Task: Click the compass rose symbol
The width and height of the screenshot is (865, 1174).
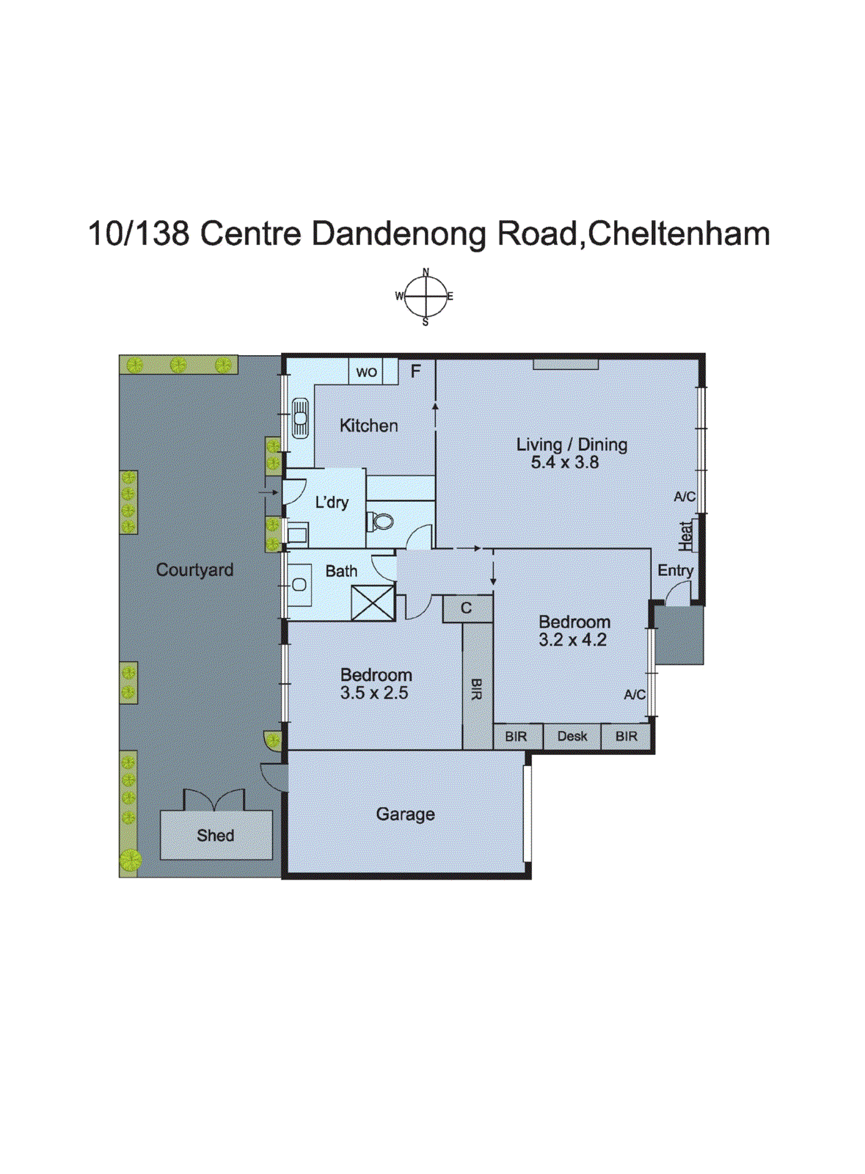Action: pos(426,296)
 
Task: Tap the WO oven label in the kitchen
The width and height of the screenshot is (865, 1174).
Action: pos(366,372)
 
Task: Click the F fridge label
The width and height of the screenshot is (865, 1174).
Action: pos(415,372)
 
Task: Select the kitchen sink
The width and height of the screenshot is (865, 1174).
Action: pos(300,418)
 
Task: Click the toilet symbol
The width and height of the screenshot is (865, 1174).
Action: pos(380,522)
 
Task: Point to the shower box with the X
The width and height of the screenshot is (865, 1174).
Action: pos(373,603)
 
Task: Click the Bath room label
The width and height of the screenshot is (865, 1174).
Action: pos(341,571)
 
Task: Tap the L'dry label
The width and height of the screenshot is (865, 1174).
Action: pos(332,503)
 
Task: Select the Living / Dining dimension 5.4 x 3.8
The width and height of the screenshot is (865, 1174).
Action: pos(565,462)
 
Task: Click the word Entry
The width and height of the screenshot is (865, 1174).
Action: pos(675,570)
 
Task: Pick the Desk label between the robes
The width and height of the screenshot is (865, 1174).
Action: pos(572,736)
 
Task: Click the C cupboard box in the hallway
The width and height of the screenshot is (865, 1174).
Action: pos(467,608)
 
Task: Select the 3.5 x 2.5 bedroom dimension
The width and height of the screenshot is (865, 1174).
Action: pos(374,693)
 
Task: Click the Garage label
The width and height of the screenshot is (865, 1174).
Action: pos(405,814)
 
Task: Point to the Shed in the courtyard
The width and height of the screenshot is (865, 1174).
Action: pos(216,835)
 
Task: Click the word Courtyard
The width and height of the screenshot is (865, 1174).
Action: pos(194,569)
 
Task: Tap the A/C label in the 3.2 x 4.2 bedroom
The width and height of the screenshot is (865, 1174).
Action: pos(635,694)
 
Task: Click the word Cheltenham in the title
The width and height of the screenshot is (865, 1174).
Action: pos(679,234)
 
